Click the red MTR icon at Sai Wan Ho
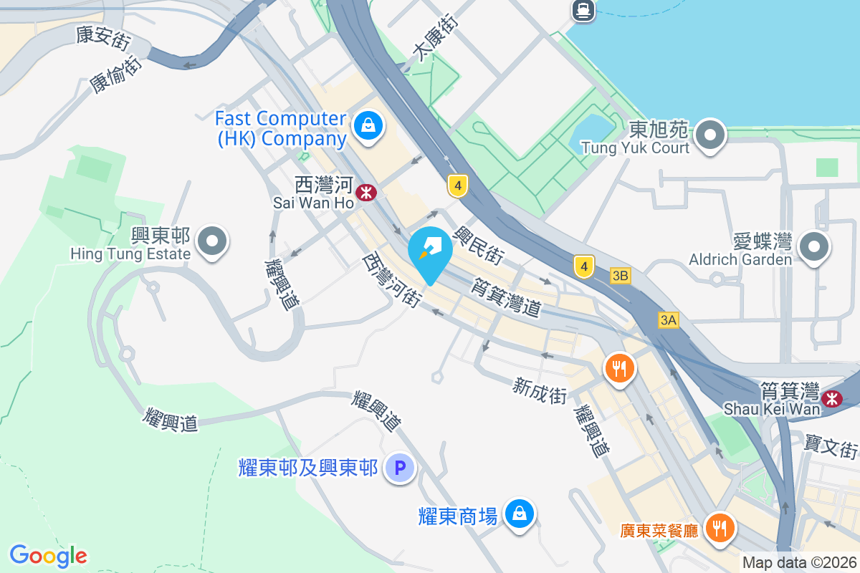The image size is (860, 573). coord(366,192)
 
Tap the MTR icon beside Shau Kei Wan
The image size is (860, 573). coord(833,398)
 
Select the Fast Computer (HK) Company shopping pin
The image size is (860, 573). coord(368,127)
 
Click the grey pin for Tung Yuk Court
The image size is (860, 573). coord(710,134)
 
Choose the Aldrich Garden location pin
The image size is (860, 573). coord(813,248)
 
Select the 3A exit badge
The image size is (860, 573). coord(669,320)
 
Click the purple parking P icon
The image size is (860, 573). coord(400,469)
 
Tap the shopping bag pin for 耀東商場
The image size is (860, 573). coord(519,514)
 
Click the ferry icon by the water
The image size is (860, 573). coord(582,9)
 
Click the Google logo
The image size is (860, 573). coord(48,556)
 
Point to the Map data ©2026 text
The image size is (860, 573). coord(799,562)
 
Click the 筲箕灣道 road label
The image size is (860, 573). coord(505,297)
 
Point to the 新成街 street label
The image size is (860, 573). coord(540,390)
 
